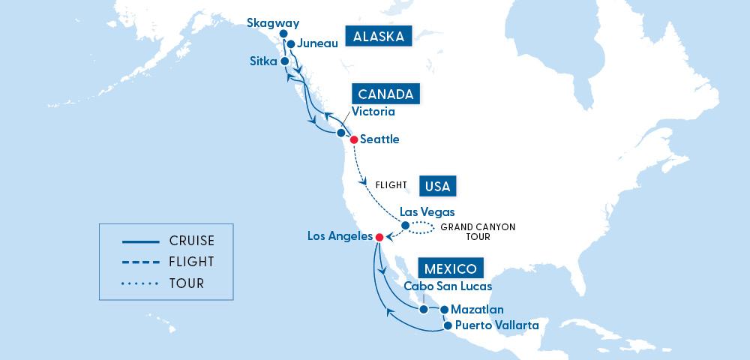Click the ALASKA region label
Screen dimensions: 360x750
379,37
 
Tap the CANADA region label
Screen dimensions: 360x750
385,94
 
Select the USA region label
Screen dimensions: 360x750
438,185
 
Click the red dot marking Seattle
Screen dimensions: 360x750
354,139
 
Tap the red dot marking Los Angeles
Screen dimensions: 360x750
379,237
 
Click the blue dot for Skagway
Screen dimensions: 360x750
283,34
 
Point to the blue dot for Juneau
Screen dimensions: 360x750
291,43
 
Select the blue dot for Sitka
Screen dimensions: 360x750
284,61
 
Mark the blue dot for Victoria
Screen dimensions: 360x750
340,133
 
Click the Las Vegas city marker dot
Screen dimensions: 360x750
405,225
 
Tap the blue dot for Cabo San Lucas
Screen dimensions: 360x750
424,309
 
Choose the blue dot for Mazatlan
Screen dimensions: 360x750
444,309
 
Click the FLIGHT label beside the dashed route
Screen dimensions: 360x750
390,184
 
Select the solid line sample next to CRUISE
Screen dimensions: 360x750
140,241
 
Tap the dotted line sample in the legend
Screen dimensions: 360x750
140,283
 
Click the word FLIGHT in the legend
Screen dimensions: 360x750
191,262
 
